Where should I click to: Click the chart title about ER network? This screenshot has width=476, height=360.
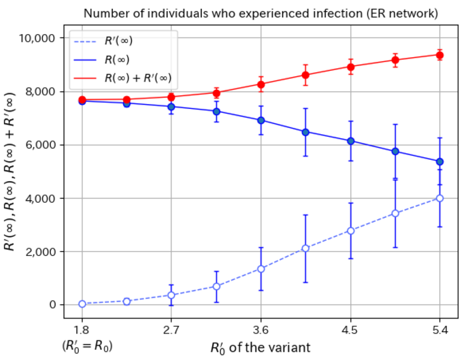[x=261, y=12]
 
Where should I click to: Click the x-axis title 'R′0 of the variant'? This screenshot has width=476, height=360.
[x=260, y=346]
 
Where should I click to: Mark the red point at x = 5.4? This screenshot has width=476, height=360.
[x=440, y=54]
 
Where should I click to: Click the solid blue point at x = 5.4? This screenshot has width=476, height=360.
[x=440, y=161]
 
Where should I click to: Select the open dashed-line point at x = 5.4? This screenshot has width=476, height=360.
[x=440, y=198]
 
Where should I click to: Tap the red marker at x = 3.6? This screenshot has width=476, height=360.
[x=261, y=84]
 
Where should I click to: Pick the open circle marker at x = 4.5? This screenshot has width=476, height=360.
[x=351, y=231]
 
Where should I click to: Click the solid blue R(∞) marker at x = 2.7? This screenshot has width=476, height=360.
[x=171, y=107]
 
